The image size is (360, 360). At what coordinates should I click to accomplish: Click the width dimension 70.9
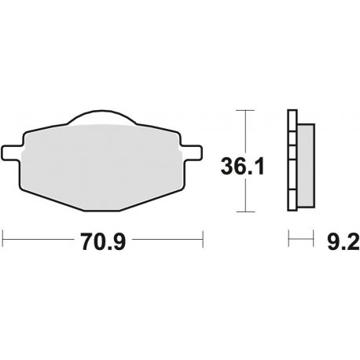pyautogui.click(x=103, y=241)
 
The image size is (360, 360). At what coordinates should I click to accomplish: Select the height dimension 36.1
pyautogui.click(x=243, y=166)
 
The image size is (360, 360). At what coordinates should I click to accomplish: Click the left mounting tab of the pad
pyautogui.click(x=12, y=152)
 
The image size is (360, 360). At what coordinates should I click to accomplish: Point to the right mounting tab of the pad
pyautogui.click(x=192, y=152)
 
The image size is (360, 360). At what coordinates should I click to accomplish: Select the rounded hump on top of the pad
pyautogui.click(x=102, y=116)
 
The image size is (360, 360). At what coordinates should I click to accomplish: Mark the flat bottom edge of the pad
pyautogui.click(x=102, y=211)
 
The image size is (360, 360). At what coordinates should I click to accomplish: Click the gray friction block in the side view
pyautogui.click(x=306, y=166)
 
